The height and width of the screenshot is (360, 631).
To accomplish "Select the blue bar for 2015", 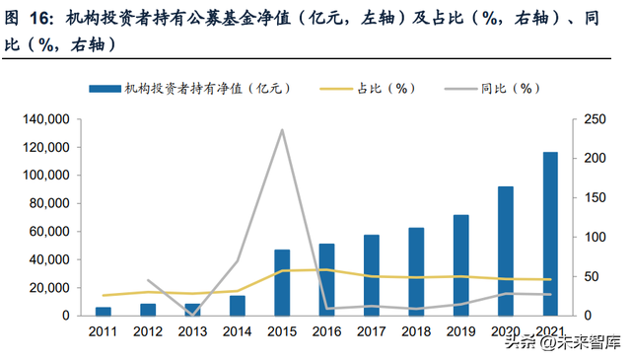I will pos(282,282).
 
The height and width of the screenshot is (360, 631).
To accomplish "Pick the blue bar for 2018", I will pos(416,271).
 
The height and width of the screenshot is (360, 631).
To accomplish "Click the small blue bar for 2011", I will pos(104,311).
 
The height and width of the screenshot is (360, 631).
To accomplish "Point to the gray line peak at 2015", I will pos(282,130).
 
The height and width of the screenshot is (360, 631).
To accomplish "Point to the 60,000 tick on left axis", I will pos(47,231).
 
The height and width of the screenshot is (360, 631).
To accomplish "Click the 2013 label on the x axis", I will pos(192,333).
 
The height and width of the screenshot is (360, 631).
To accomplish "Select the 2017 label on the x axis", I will pos(371,333).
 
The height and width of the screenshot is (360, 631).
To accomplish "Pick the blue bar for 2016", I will pos(326,279).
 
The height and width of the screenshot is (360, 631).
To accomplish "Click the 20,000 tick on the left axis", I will pos(47,287).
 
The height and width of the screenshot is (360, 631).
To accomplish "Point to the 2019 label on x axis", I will pos(460,333).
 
